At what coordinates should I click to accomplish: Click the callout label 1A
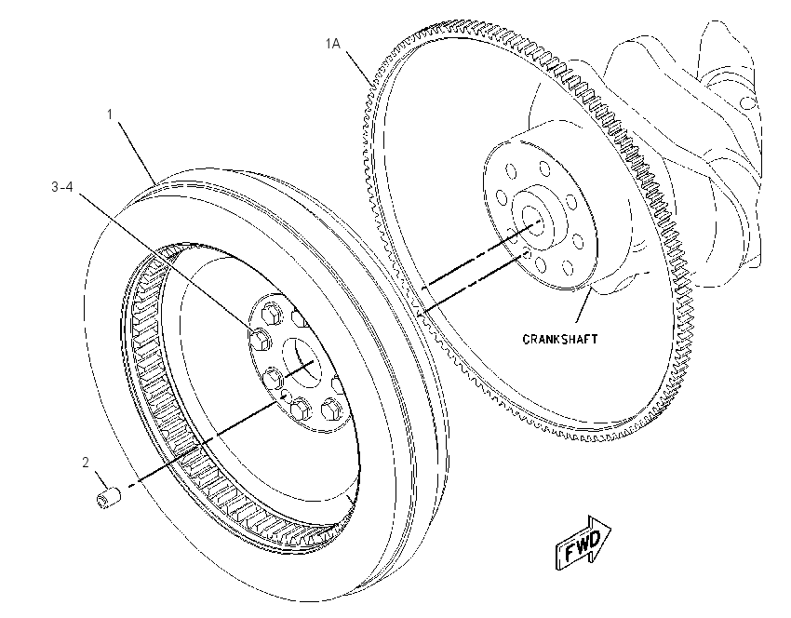[x=333, y=45]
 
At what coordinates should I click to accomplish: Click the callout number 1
[x=110, y=115]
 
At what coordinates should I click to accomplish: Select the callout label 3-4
[x=62, y=187]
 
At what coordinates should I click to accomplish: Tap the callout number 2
[x=86, y=463]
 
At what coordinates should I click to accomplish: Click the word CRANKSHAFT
[x=560, y=339]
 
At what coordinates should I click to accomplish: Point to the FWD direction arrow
[x=583, y=543]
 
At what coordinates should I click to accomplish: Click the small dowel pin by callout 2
[x=109, y=497]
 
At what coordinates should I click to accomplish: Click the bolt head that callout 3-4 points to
[x=260, y=339]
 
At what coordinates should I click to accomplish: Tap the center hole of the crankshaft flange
[x=533, y=221]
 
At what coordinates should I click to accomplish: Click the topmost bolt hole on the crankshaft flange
[x=543, y=168]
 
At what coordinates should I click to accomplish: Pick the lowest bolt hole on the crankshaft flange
[x=541, y=264]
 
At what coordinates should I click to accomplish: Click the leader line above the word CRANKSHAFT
[x=583, y=305]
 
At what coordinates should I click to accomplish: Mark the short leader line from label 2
[x=101, y=479]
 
